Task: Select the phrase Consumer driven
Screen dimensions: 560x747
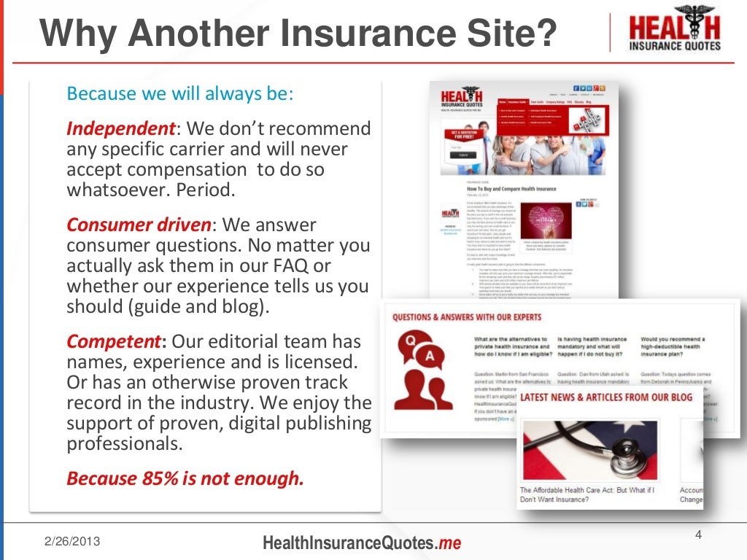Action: [139, 224]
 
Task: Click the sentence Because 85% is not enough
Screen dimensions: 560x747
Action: [184, 478]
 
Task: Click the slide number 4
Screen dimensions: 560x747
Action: [698, 537]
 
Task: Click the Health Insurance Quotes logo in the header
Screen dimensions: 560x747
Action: [674, 30]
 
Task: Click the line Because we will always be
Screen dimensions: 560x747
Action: [180, 94]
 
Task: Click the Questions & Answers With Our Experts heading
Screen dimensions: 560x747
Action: [467, 317]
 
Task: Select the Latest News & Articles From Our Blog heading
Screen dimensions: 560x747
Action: [606, 397]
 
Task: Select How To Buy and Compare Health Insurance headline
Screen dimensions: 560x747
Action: [511, 189]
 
